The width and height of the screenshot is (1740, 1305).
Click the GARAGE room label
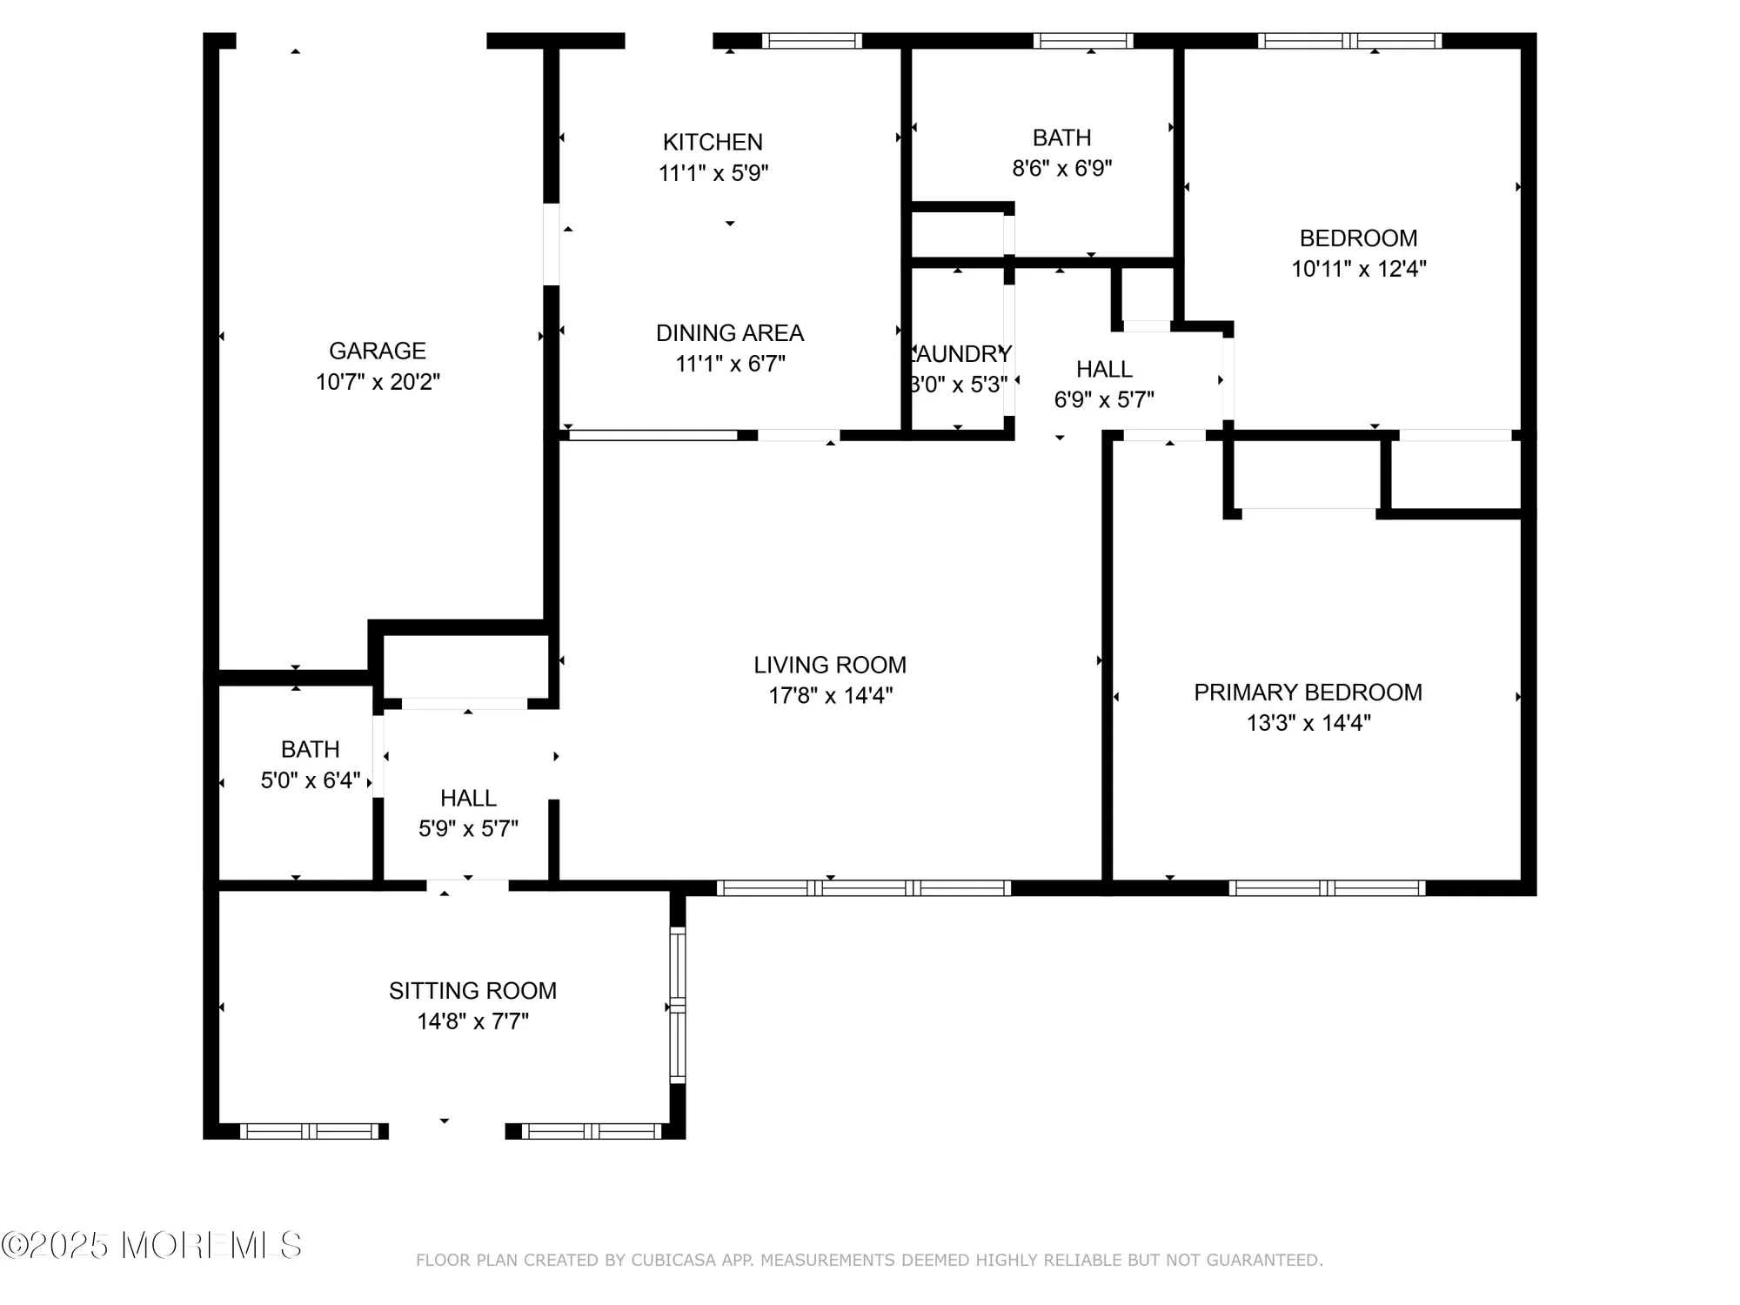377,351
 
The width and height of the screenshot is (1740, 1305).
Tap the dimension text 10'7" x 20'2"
378,382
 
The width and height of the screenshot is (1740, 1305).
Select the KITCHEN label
713,142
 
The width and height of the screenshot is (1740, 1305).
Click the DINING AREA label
729,333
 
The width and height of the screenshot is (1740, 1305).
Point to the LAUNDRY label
960,354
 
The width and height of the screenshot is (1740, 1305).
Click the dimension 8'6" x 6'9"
1061,168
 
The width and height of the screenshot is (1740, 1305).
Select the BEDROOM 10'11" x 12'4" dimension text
1358,269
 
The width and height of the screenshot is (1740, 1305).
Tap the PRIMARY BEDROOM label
1308,693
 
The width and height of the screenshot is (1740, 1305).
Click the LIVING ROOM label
830,665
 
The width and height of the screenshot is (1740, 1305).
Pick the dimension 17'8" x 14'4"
830,696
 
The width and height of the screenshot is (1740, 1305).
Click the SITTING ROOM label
472,991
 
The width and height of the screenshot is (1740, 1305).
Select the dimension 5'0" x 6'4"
310,780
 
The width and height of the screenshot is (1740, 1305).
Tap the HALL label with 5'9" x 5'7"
468,798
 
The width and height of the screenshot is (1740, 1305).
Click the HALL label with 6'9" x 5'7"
1104,369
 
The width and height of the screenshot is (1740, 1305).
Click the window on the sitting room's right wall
677,1006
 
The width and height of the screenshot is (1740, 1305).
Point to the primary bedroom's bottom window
1327,888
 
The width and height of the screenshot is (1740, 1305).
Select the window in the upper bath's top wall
1083,41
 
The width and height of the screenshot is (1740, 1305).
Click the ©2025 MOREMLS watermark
152,1245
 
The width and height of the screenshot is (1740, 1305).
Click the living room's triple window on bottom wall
863,888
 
